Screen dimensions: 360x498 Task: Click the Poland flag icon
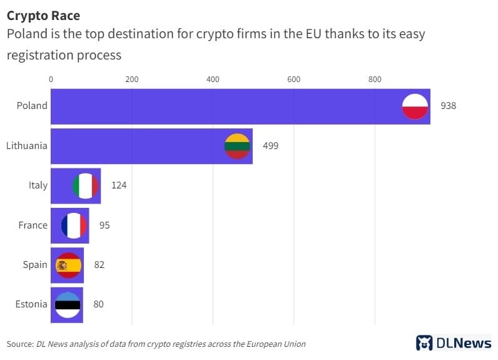[x=414, y=106]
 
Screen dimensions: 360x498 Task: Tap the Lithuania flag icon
[x=237, y=146]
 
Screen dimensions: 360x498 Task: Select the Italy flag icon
[x=86, y=185]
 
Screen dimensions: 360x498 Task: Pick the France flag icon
[x=74, y=225]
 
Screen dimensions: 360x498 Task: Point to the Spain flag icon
[x=69, y=265]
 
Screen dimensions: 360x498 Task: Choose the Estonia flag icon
[x=68, y=305]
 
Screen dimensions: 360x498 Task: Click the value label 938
[x=448, y=106]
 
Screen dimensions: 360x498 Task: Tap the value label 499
[x=270, y=146]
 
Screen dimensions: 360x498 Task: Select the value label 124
[x=119, y=185]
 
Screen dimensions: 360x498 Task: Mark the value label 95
[x=104, y=225]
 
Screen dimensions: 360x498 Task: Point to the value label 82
[x=99, y=265]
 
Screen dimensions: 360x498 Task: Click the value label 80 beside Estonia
[x=98, y=305]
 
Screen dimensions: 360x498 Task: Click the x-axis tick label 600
[x=293, y=80]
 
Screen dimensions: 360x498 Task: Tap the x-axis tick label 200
[x=131, y=80]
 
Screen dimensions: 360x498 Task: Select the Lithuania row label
[x=26, y=146]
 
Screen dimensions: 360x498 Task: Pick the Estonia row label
[x=31, y=305]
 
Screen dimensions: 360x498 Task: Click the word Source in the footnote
[x=20, y=344]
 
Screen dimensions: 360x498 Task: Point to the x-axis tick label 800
[x=374, y=80]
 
